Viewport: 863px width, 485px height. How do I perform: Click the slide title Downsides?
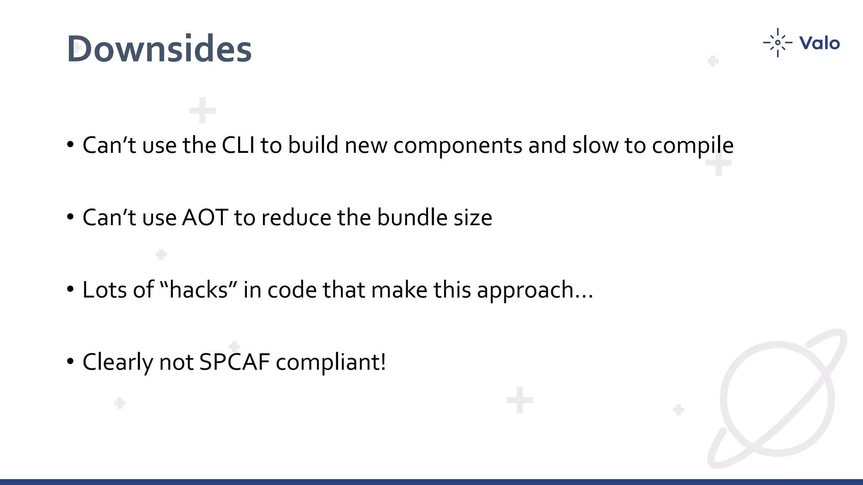point(159,49)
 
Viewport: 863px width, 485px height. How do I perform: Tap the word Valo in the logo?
point(819,43)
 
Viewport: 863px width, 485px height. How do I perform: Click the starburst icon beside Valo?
point(777,43)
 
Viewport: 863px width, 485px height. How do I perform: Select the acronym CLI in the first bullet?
point(238,145)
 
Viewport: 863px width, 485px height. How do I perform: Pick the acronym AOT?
point(205,218)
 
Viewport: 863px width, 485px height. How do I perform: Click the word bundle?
point(412,218)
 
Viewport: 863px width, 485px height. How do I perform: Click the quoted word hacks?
point(198,290)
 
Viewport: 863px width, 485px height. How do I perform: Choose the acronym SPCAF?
point(234,362)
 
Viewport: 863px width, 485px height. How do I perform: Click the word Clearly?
point(118,362)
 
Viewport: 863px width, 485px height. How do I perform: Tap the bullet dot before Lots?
point(70,290)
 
